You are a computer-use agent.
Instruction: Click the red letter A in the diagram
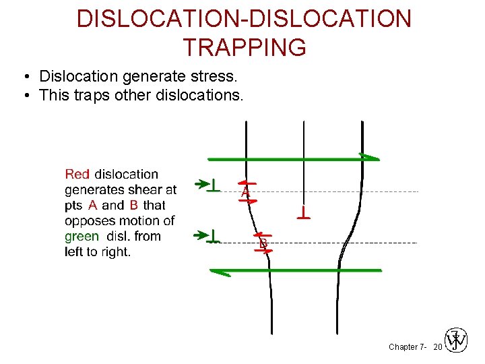click(246, 193)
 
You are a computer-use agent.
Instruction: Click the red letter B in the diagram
click(263, 243)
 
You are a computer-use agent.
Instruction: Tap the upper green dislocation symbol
click(214, 184)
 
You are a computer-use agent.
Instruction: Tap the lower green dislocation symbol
click(214, 236)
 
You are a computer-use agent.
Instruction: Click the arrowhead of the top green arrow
click(370, 158)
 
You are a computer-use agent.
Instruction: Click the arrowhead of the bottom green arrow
click(218, 272)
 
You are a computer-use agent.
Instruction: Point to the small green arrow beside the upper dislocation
click(200, 183)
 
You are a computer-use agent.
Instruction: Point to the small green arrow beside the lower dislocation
click(200, 235)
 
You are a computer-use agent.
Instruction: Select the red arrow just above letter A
click(247, 183)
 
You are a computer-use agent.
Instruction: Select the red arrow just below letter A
click(247, 200)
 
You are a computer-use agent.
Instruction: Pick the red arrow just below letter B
click(264, 251)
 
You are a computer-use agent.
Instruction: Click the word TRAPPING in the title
click(244, 48)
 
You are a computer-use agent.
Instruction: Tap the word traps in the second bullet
click(93, 95)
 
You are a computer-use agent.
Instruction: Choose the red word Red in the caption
click(77, 175)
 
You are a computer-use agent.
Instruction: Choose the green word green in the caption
click(82, 237)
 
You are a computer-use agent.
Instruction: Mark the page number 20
click(437, 346)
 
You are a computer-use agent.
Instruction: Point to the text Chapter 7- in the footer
click(407, 346)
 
